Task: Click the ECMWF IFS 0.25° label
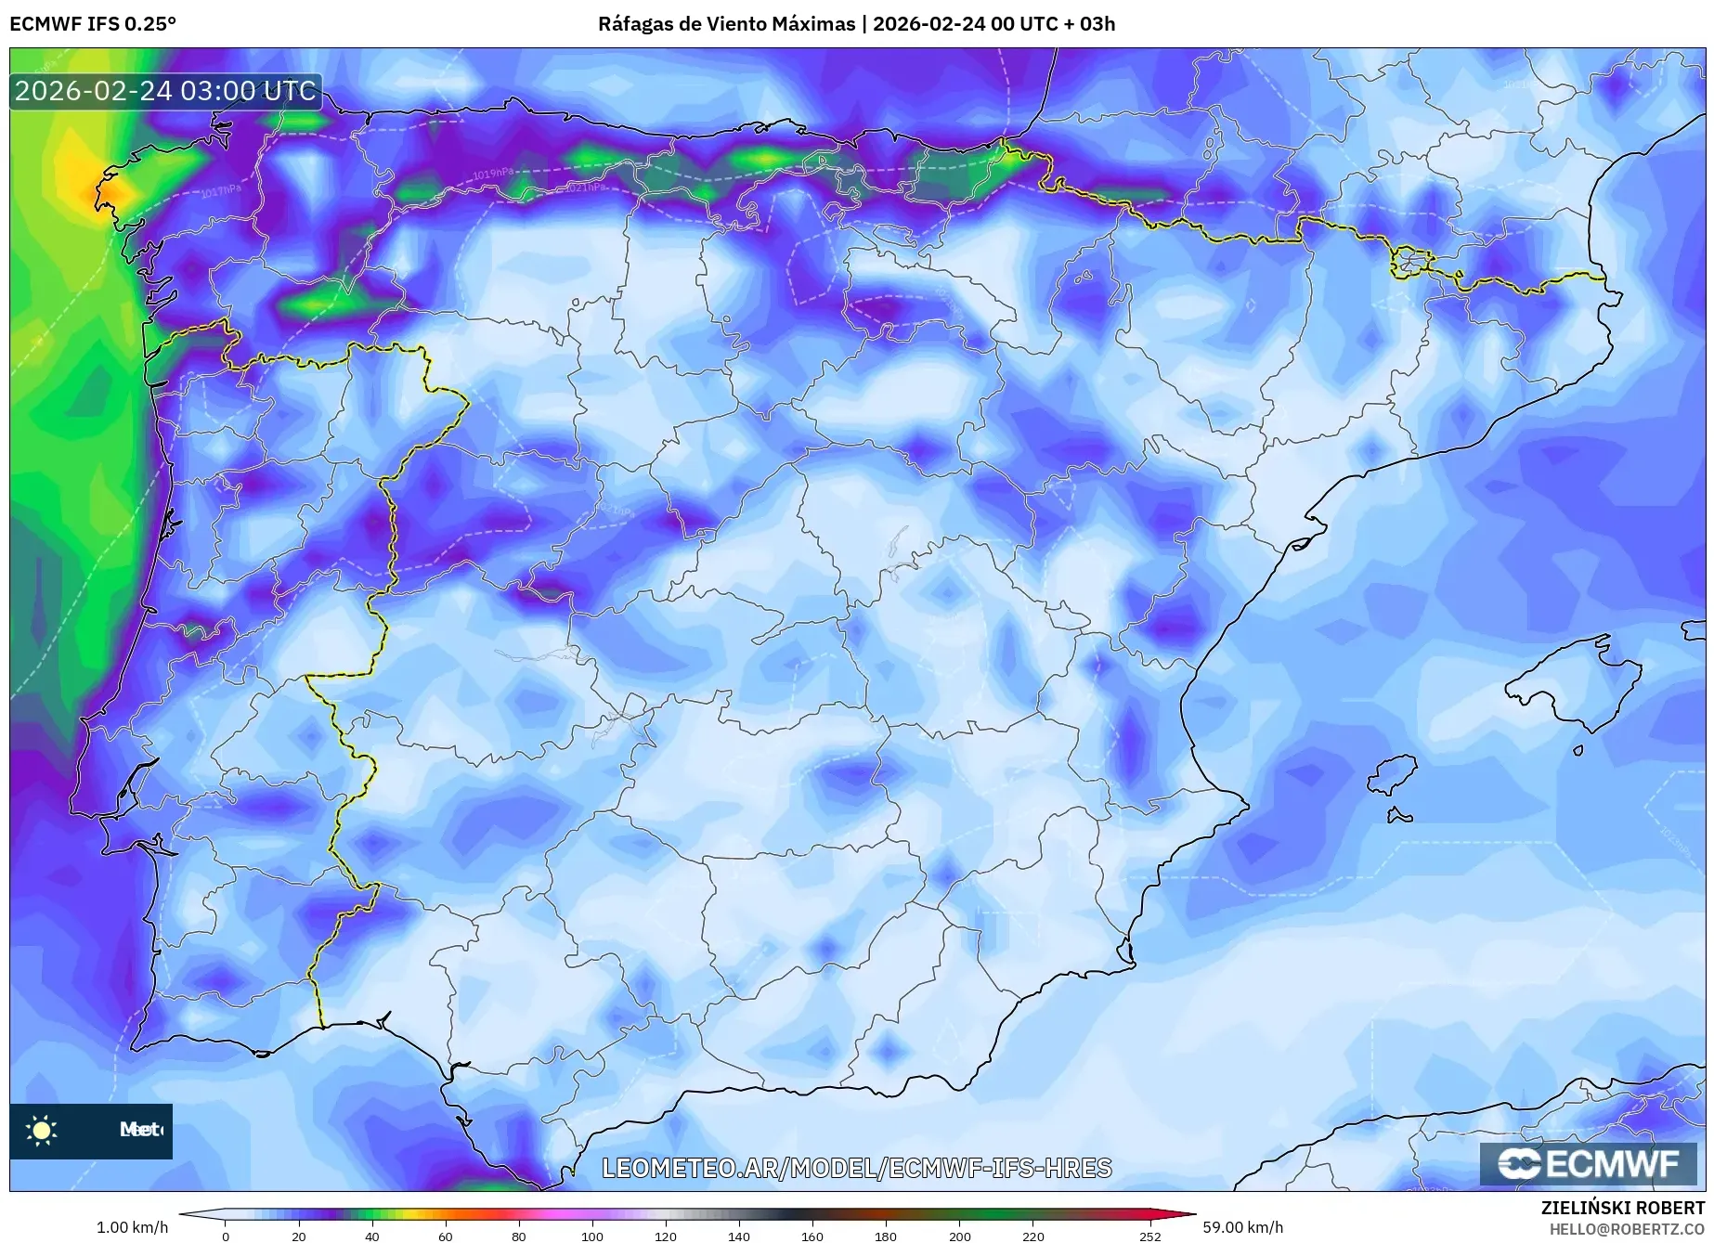(x=93, y=24)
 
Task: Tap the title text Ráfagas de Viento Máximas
(x=726, y=24)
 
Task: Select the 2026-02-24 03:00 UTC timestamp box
(x=165, y=91)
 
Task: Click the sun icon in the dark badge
(x=42, y=1130)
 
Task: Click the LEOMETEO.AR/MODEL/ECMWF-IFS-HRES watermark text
(x=856, y=1168)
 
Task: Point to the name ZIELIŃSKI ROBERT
(x=1622, y=1208)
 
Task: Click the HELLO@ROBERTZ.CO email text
(x=1627, y=1229)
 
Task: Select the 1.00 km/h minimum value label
(x=132, y=1227)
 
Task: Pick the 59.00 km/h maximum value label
(x=1242, y=1227)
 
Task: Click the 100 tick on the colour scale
(x=592, y=1237)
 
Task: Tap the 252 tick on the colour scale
(x=1150, y=1237)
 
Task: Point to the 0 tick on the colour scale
(x=226, y=1237)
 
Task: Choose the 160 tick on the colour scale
(x=812, y=1237)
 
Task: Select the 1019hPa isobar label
(x=493, y=174)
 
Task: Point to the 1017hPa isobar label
(x=220, y=191)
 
